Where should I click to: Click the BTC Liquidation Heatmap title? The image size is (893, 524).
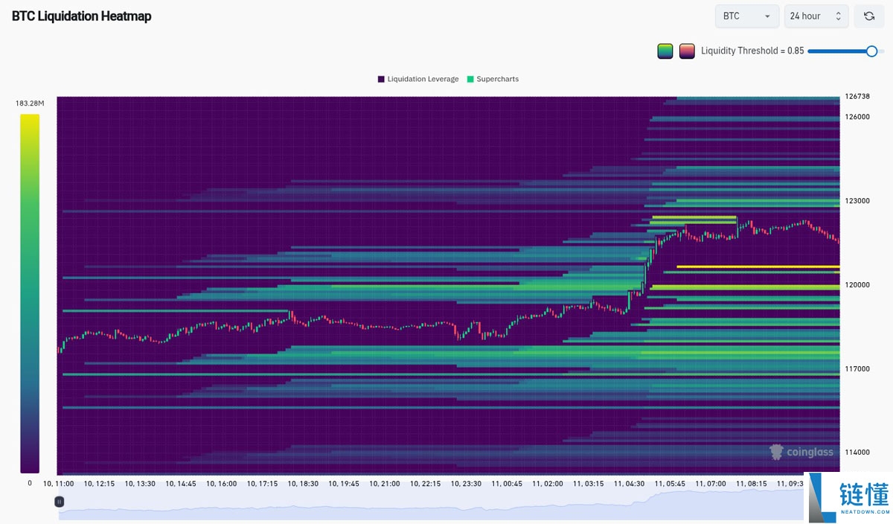click(81, 16)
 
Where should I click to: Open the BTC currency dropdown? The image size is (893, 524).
click(746, 16)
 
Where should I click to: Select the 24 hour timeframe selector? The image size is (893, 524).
click(816, 16)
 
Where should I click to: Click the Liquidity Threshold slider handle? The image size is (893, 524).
click(871, 51)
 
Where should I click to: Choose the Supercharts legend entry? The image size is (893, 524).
click(492, 79)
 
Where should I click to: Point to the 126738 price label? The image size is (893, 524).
click(857, 96)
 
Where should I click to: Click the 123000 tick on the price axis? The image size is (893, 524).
click(857, 201)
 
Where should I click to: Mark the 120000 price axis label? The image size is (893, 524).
click(857, 285)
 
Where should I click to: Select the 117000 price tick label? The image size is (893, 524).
click(857, 369)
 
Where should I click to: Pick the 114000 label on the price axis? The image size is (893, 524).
click(857, 453)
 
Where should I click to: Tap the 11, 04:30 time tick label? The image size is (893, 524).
click(630, 484)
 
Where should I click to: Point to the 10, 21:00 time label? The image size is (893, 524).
click(384, 484)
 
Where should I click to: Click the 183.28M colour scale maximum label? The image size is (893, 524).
click(30, 103)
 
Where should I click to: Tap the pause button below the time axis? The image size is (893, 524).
click(60, 502)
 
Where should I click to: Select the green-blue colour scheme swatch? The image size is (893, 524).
click(665, 51)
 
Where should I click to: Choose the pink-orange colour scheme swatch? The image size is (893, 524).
click(687, 51)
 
